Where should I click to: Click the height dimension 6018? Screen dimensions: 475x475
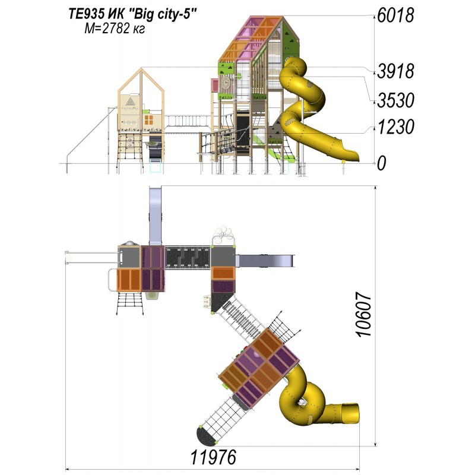pos(395,15)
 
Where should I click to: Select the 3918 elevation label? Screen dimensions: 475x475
pos(395,71)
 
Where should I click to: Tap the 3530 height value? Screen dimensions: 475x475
pos(395,100)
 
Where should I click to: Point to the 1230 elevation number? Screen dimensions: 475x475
pos(395,126)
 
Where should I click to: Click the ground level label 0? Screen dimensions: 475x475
pos(382,164)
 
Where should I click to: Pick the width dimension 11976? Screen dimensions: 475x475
pos(213,457)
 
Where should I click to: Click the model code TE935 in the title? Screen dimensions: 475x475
pos(87,14)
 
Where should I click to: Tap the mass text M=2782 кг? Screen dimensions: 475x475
pos(115,28)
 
